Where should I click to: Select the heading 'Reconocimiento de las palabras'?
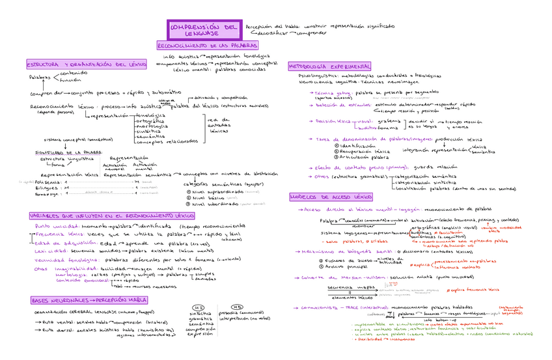[x=208, y=46]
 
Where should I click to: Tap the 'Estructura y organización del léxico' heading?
[x=87, y=64]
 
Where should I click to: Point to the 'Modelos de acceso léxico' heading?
[x=331, y=197]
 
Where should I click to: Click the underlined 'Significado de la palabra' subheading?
[x=68, y=152]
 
